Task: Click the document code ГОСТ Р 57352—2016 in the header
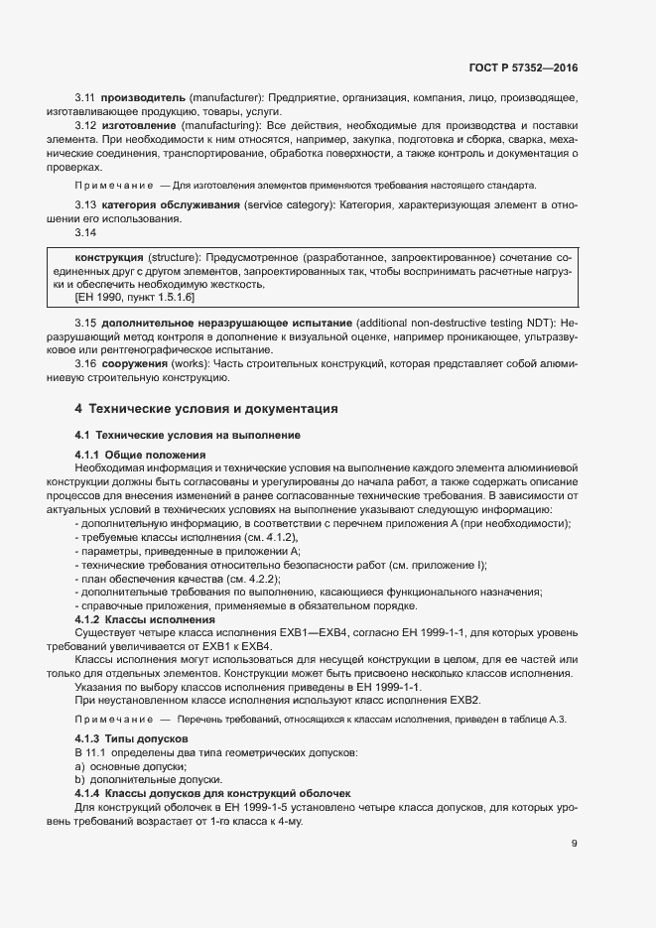tap(522, 68)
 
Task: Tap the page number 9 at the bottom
tap(574, 845)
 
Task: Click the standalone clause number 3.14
tap(85, 232)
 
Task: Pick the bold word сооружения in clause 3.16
tap(132, 364)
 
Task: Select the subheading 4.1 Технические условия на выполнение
tap(187, 436)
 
